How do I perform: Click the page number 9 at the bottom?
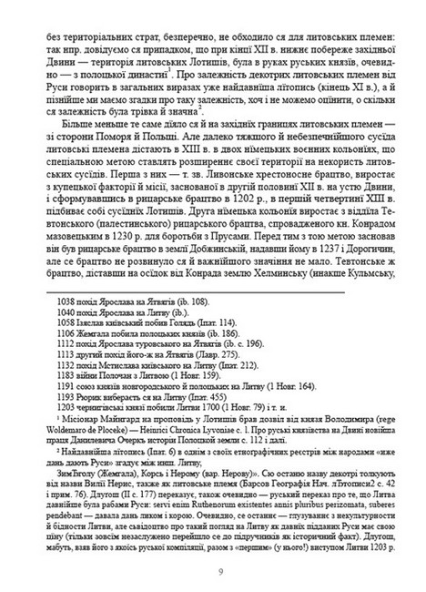[x=213, y=571]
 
